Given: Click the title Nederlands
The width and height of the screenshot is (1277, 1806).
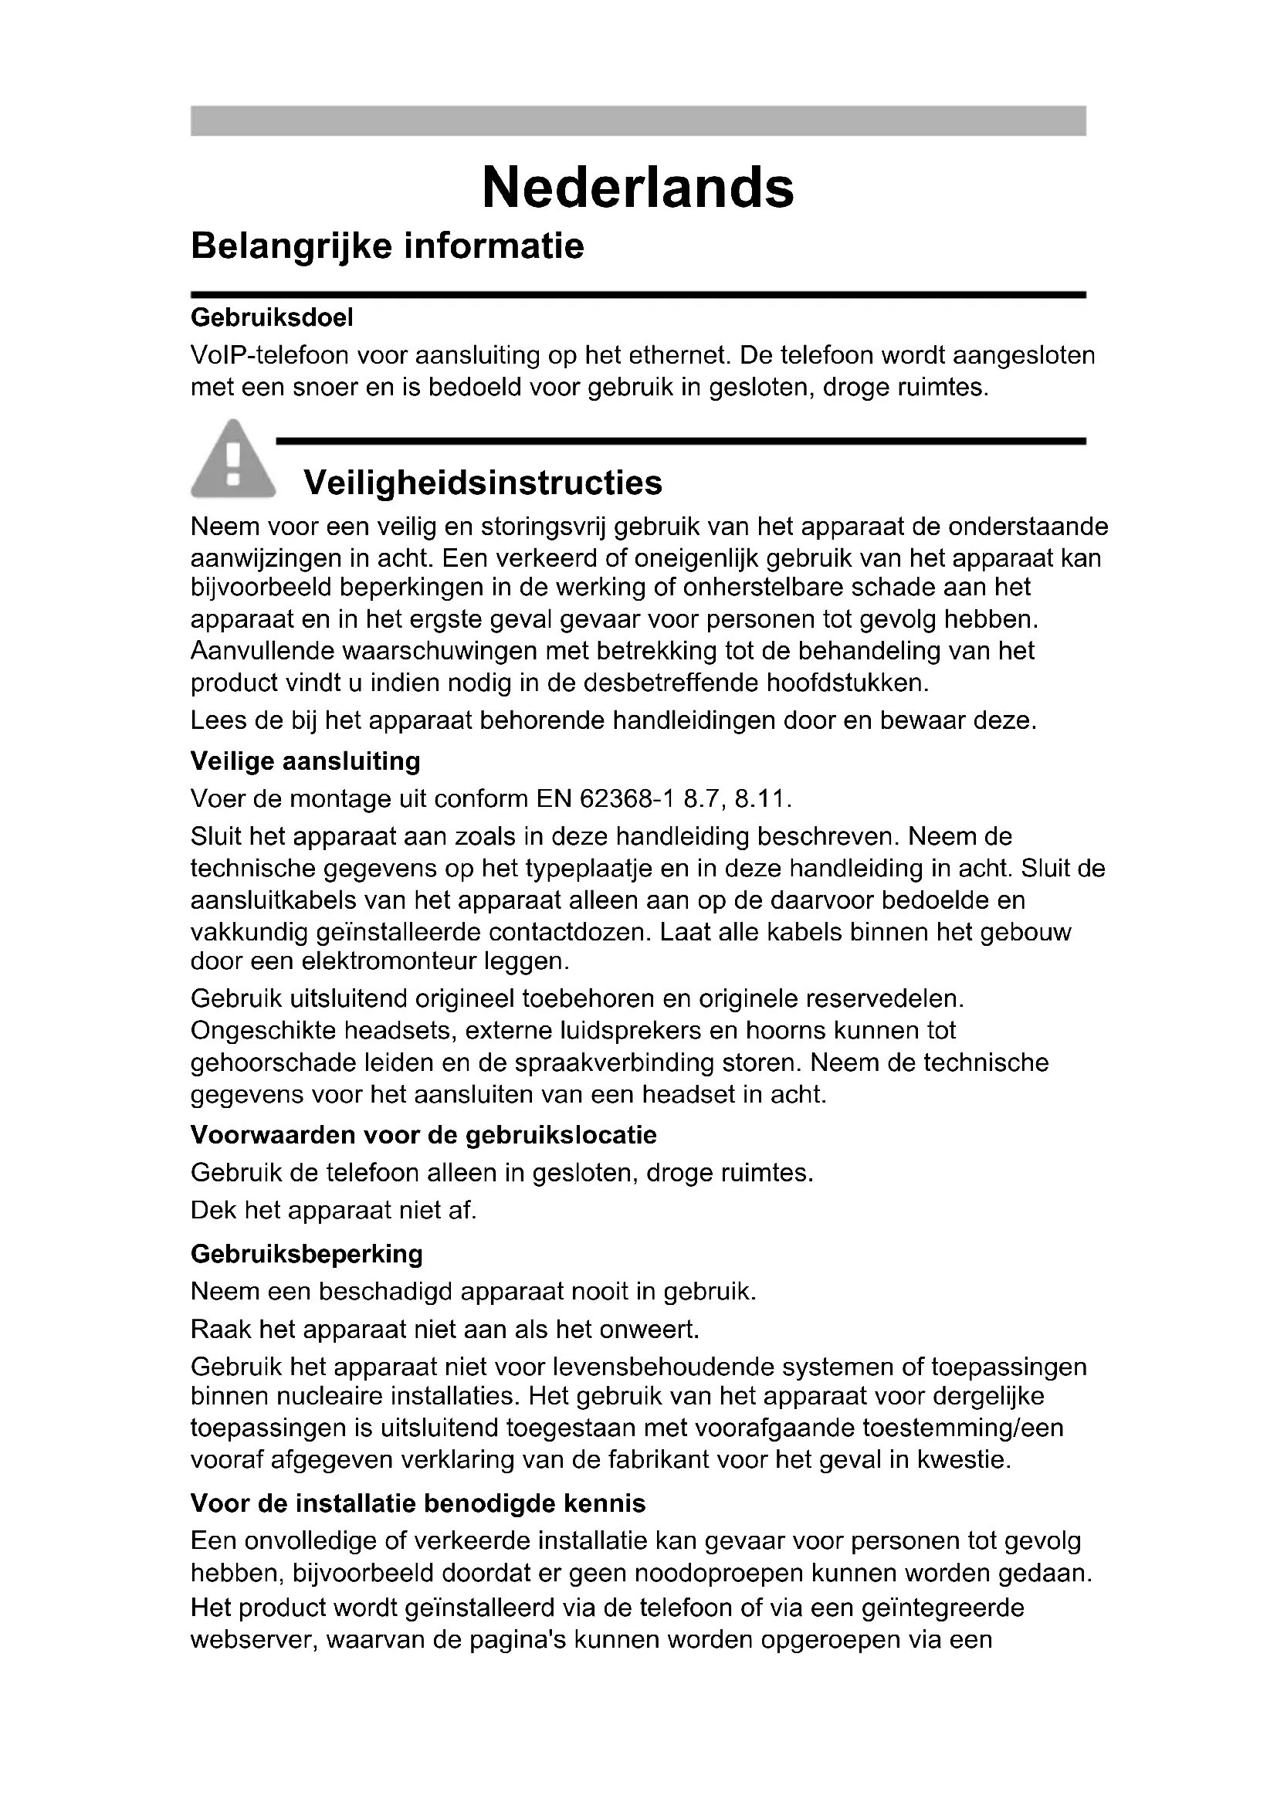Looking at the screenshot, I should [x=638, y=188].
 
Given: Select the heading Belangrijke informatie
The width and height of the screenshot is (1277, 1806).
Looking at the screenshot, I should [x=387, y=246].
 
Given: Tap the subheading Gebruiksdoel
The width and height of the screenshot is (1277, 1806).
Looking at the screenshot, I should [x=271, y=318].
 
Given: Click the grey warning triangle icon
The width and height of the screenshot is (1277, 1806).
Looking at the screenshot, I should [x=232, y=460].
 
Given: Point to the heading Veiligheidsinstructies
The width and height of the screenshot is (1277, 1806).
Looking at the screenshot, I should [x=483, y=482].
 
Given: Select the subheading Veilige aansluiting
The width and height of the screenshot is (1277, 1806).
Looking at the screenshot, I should [x=305, y=761].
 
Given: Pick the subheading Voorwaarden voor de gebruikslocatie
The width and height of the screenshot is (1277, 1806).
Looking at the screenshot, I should [x=423, y=1135].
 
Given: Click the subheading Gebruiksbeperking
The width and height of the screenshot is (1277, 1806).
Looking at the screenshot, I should [x=307, y=1254].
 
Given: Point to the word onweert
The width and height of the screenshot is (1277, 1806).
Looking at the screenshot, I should [x=648, y=1330].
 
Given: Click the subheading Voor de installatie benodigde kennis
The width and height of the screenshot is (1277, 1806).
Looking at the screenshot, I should [x=418, y=1503].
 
